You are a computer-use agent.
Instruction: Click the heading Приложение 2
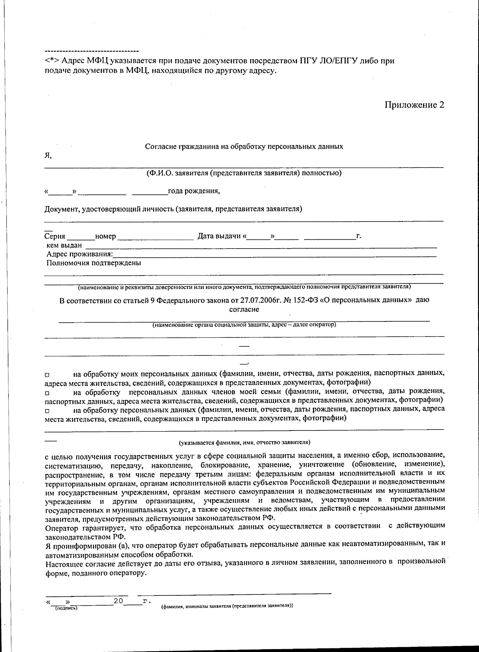click(x=414, y=105)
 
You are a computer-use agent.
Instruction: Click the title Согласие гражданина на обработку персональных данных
click(x=244, y=146)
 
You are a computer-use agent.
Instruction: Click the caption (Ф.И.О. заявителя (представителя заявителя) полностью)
click(x=244, y=173)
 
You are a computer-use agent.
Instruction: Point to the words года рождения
click(x=194, y=191)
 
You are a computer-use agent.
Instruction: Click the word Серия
click(x=55, y=236)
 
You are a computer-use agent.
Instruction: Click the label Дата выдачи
click(x=220, y=236)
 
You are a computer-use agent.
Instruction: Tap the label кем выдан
click(x=64, y=245)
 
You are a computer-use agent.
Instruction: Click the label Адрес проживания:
click(x=79, y=254)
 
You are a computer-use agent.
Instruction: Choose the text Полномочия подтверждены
click(x=94, y=263)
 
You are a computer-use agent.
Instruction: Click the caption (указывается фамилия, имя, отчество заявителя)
click(x=244, y=443)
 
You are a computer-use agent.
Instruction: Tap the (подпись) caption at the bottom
click(x=66, y=608)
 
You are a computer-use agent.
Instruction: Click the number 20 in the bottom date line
click(x=118, y=600)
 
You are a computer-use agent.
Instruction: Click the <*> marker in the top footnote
click(x=52, y=61)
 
